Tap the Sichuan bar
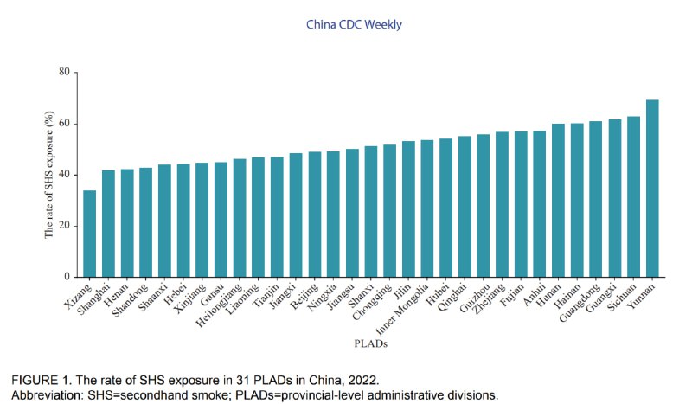(633, 196)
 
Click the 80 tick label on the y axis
(63, 72)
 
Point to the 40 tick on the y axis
(63, 175)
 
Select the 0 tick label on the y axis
(66, 277)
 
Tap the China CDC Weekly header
(354, 25)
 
